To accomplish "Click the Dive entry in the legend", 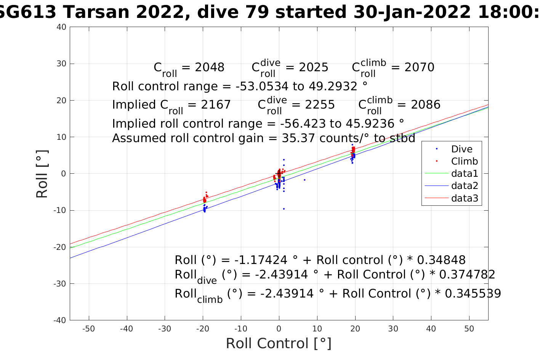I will [461, 149].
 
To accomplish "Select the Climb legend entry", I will [464, 162].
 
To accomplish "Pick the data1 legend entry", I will [464, 174].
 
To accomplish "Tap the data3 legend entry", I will [464, 198].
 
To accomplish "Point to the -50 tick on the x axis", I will [88, 329].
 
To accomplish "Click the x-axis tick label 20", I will [355, 329].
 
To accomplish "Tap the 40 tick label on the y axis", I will [61, 27].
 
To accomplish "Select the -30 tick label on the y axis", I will [59, 284].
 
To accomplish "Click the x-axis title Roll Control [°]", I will [279, 344].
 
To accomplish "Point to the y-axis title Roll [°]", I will [42, 174].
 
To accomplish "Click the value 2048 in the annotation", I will [210, 67].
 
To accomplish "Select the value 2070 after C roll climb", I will [419, 67].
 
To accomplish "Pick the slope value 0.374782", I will [467, 275].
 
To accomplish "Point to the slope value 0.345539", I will [473, 294].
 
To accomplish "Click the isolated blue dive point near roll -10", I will [284, 209].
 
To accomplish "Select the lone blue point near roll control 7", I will [304, 180].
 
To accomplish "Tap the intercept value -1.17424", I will [261, 260].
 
